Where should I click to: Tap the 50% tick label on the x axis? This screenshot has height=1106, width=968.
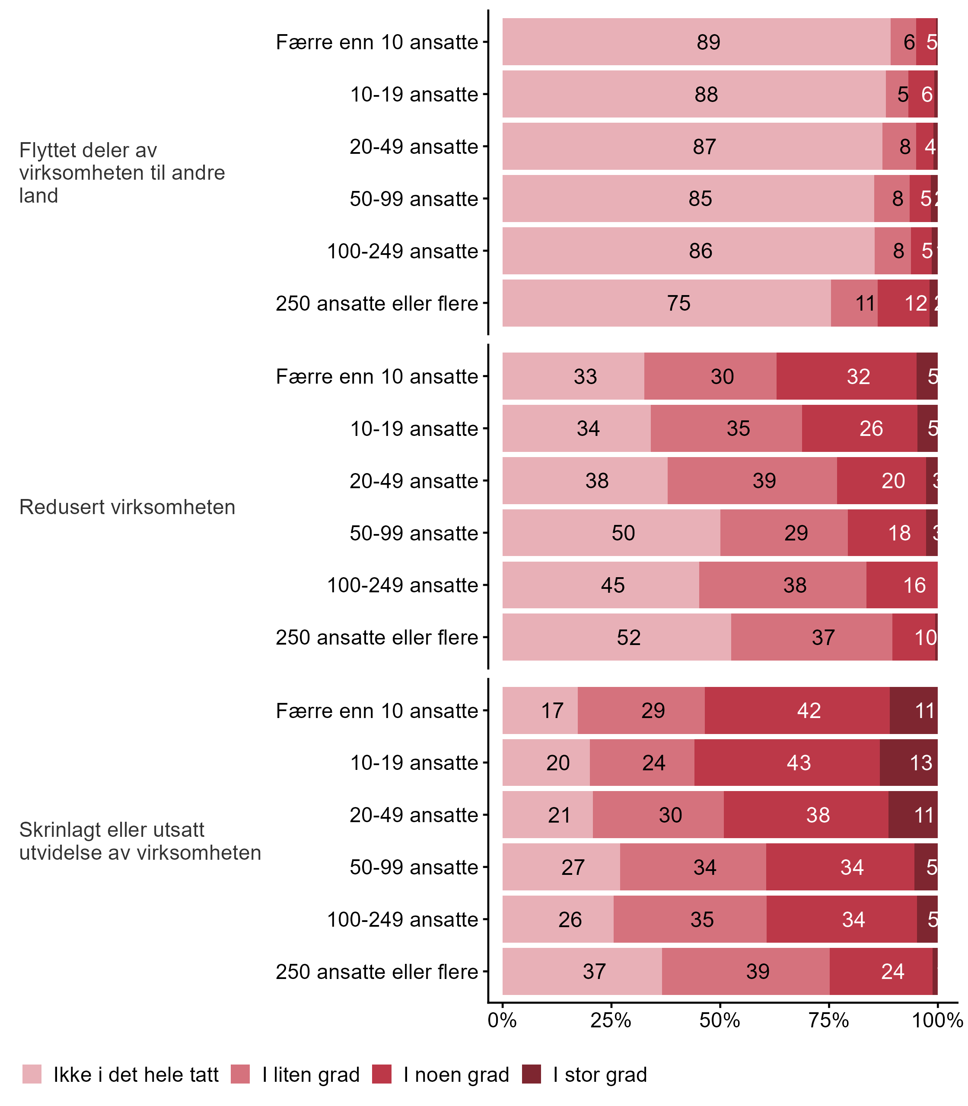pos(720,1020)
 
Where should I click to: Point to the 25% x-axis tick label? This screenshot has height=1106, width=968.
pos(611,1020)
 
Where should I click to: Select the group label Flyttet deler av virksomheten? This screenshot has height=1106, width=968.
pos(121,173)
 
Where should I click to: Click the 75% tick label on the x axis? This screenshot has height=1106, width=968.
pos(829,1020)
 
